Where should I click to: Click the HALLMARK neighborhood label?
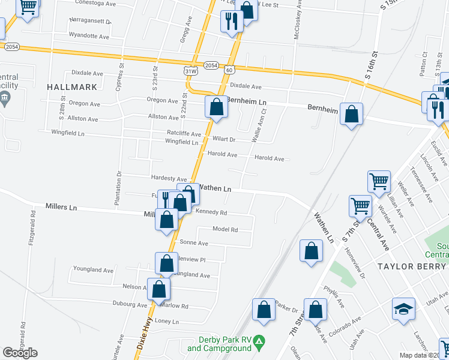coord(71,87)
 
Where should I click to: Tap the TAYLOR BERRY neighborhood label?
coord(411,266)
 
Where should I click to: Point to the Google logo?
coord(20,353)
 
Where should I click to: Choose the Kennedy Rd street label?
coord(210,212)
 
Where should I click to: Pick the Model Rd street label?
coord(226,229)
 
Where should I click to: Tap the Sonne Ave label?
coord(194,243)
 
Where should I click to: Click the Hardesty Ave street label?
coord(169,179)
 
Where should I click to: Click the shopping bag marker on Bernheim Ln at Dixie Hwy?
coord(216,107)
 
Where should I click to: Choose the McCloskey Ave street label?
coord(297,20)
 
